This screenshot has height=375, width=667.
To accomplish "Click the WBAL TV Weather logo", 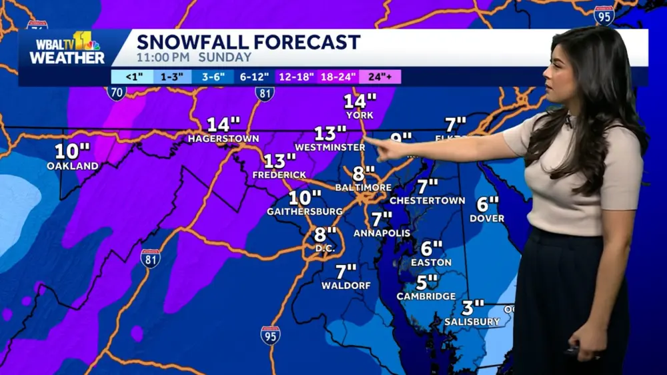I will [67, 49].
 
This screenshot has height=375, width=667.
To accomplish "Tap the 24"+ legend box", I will [380, 77].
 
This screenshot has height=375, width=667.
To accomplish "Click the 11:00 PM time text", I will [164, 58].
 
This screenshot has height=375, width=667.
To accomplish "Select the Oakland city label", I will [73, 166].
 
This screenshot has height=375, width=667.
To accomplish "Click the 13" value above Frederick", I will [279, 161].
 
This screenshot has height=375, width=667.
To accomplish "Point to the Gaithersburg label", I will [305, 211].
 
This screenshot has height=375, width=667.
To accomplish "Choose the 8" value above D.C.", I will [325, 234].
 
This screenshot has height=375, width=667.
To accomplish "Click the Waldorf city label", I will [346, 286].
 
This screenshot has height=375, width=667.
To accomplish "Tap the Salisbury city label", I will [472, 322].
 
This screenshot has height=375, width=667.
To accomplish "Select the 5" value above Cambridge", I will [428, 282].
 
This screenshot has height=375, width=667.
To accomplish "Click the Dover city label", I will [487, 218].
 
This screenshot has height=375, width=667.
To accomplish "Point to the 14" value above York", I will [360, 101].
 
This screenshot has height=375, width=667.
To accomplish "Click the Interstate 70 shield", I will [116, 93].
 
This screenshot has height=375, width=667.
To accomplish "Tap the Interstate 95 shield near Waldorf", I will [270, 335].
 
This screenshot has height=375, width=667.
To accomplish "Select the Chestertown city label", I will [418, 200].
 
